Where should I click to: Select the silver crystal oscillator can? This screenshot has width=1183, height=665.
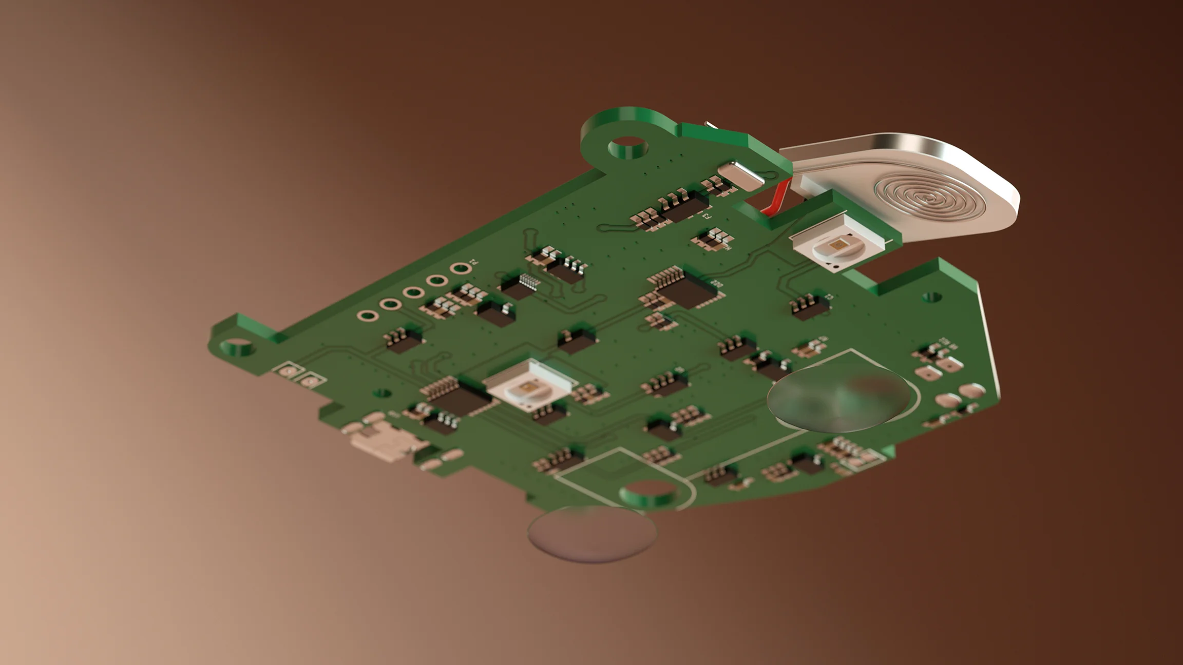741,175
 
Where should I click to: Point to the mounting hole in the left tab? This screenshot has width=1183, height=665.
238,347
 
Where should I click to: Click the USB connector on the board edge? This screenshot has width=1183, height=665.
385,442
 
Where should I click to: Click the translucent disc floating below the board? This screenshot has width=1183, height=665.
591,534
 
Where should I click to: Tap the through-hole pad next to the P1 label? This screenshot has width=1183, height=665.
460,268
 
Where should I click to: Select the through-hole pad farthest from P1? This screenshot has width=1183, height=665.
367,316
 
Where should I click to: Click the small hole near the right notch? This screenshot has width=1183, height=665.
931,297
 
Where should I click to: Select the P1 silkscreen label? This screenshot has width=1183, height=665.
473,262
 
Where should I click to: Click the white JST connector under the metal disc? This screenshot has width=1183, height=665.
816,186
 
